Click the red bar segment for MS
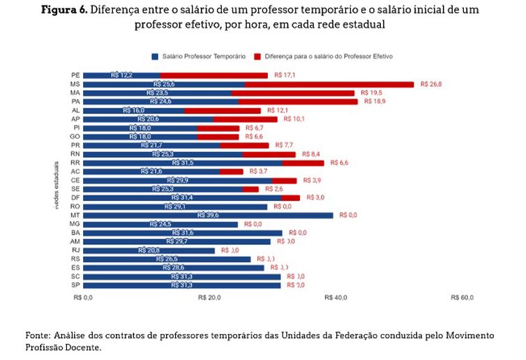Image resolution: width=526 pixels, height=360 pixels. click(x=329, y=84)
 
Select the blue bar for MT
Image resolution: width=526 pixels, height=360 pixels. click(x=209, y=215)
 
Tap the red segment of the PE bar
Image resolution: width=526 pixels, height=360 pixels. click(x=213, y=75)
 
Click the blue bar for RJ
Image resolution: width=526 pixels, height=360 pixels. click(x=149, y=250)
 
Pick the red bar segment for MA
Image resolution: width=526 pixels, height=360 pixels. click(x=292, y=93)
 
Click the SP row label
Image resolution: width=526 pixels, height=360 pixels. click(x=75, y=285)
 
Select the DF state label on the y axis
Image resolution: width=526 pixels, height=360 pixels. click(x=75, y=197)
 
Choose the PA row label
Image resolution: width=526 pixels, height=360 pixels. click(x=75, y=101)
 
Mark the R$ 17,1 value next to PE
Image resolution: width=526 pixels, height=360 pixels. click(x=285, y=75)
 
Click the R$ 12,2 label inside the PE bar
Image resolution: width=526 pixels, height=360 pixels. click(x=121, y=75)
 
